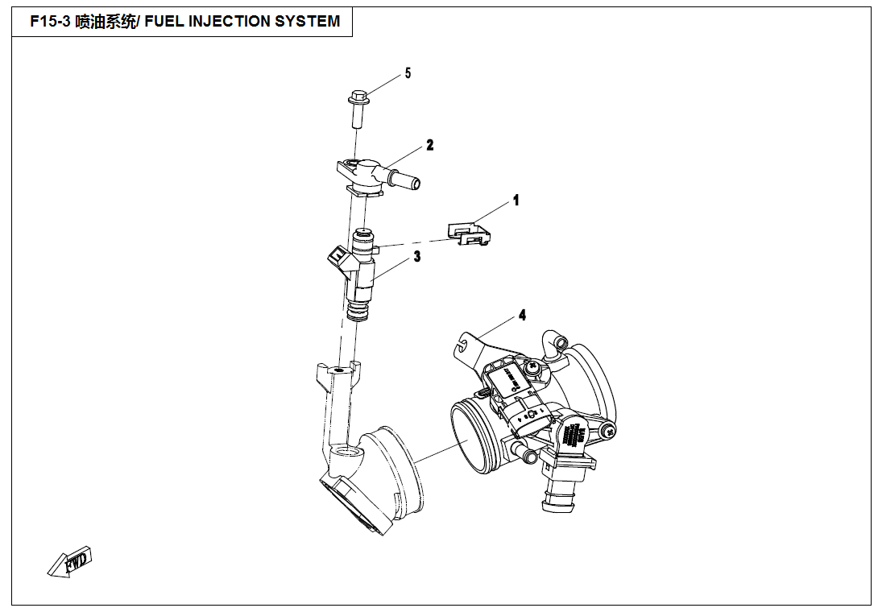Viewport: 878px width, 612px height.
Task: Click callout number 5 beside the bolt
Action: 408,73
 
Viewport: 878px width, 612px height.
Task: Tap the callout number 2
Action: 430,145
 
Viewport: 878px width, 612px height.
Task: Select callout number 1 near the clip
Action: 516,200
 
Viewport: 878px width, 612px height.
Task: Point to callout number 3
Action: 417,257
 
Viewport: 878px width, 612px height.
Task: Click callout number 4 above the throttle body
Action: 522,315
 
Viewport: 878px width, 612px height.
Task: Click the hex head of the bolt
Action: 357,99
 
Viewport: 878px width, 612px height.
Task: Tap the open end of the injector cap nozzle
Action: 414,184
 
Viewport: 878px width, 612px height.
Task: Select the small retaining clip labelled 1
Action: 471,234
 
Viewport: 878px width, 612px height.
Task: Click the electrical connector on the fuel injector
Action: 336,256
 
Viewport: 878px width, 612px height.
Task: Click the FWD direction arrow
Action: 71,562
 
